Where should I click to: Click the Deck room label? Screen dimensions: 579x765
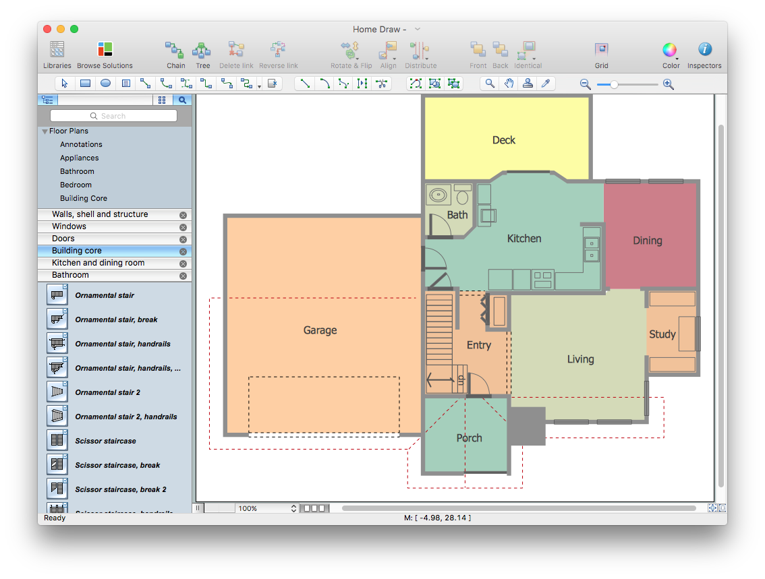pyautogui.click(x=503, y=140)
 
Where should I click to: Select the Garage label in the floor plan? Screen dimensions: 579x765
pyautogui.click(x=320, y=330)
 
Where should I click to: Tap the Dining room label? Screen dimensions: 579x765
pyautogui.click(x=647, y=241)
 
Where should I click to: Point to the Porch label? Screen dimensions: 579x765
pyautogui.click(x=469, y=438)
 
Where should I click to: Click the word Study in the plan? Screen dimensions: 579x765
pyautogui.click(x=662, y=334)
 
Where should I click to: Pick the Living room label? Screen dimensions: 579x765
pyautogui.click(x=580, y=359)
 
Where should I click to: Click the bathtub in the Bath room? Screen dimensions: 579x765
pyautogui.click(x=439, y=195)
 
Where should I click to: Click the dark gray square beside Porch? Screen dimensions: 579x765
pyautogui.click(x=526, y=426)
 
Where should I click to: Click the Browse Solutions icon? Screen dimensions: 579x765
pyautogui.click(x=105, y=50)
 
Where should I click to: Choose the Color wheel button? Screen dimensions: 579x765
pyautogui.click(x=669, y=50)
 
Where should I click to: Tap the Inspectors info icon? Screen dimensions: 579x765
pyautogui.click(x=704, y=50)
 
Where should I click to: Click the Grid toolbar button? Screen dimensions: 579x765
pyautogui.click(x=601, y=50)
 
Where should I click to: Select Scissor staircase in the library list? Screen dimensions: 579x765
pyautogui.click(x=105, y=441)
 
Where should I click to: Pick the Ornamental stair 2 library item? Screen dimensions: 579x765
pyautogui.click(x=107, y=392)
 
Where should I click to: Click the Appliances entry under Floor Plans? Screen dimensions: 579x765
pyautogui.click(x=80, y=158)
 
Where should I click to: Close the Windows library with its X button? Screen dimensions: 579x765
pyautogui.click(x=183, y=227)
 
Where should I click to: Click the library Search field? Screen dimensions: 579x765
pyautogui.click(x=113, y=116)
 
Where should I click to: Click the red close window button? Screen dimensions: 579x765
pyautogui.click(x=47, y=29)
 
